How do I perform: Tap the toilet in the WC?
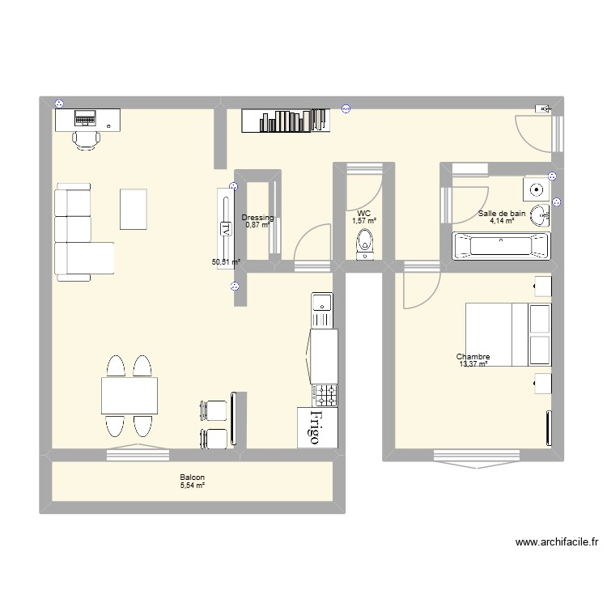pos(365,242)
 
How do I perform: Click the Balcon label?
pos(192,478)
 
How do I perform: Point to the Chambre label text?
pos(473,357)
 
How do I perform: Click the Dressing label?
pos(257,218)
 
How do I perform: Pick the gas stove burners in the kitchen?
pos(327,395)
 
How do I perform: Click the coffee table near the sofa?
pos(134,209)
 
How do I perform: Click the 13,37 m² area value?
pos(473,365)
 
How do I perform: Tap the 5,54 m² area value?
pos(192,486)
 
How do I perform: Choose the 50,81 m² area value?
pos(227,262)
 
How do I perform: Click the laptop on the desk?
pos(84,118)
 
